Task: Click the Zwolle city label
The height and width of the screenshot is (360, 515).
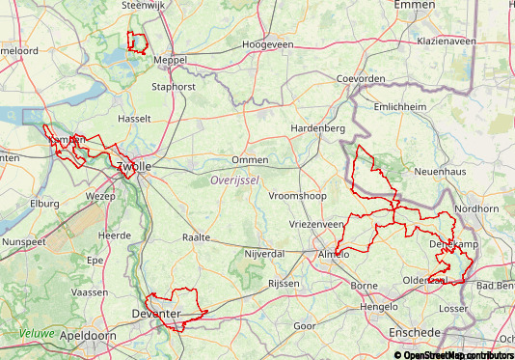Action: click(133, 167)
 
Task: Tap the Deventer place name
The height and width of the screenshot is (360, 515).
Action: click(155, 314)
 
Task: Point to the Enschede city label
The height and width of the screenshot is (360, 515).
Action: click(414, 332)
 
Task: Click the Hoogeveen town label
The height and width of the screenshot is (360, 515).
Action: click(267, 44)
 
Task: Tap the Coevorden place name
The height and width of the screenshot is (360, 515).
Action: click(360, 79)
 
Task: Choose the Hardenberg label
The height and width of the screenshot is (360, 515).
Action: click(318, 128)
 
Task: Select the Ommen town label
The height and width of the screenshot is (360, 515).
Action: click(249, 160)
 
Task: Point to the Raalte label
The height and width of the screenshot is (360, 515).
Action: click(196, 236)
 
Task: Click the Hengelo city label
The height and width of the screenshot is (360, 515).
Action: click(377, 306)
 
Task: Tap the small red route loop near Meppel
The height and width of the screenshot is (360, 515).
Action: click(137, 42)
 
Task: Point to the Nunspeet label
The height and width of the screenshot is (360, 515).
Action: click(24, 241)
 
